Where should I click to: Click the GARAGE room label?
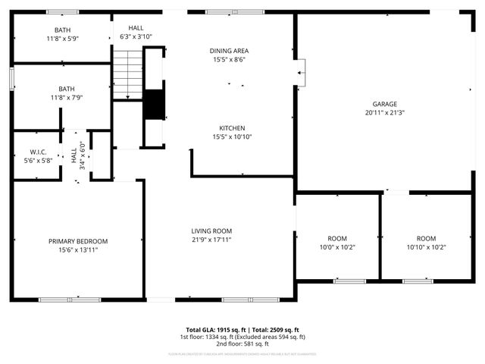[x=384, y=104]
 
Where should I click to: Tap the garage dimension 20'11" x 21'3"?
[x=384, y=113]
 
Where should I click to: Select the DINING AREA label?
[x=229, y=51]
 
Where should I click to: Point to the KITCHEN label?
[x=232, y=128]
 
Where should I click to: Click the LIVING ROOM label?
[x=211, y=231]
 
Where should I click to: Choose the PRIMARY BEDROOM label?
[x=78, y=241]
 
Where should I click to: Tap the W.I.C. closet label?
[x=39, y=152]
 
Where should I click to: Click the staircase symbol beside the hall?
[x=128, y=74]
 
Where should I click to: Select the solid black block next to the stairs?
[x=154, y=105]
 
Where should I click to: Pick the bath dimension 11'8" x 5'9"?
[x=62, y=38]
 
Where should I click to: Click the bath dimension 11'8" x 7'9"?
[x=62, y=97]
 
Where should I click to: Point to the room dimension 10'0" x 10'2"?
[x=336, y=247]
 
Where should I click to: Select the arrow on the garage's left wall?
[x=300, y=74]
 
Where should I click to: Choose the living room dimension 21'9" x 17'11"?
[x=211, y=240]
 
